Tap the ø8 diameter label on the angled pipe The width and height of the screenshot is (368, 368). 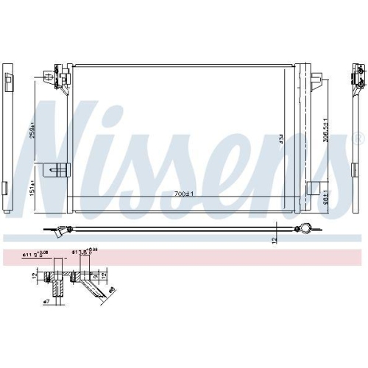coord(110,290)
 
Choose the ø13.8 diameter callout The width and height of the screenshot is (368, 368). coord(84,253)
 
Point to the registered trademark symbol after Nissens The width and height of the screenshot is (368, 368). coord(358,138)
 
